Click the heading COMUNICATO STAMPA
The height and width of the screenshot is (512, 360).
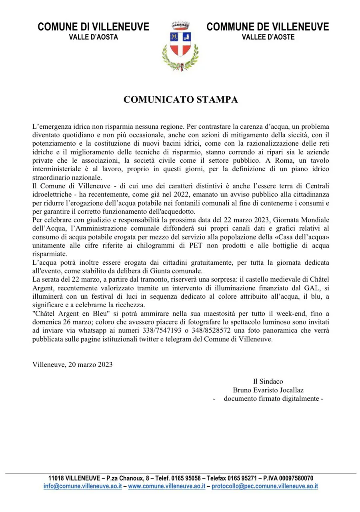(180, 100)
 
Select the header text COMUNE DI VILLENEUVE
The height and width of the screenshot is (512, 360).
(93, 27)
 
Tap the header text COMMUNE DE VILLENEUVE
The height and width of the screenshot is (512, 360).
(268, 27)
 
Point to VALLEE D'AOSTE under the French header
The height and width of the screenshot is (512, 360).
(268, 37)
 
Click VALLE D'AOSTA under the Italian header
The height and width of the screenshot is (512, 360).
(93, 37)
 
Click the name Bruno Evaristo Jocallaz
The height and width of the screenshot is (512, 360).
(271, 390)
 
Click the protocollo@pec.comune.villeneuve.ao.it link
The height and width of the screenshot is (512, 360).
(264, 486)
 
